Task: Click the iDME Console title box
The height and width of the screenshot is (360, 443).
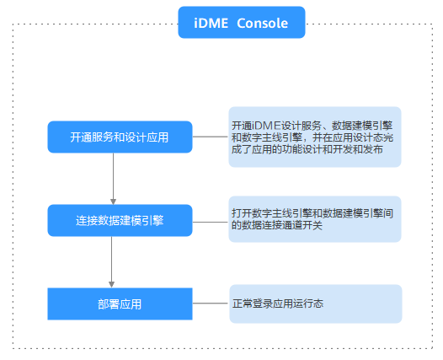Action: (242, 22)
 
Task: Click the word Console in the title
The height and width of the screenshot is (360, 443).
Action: (262, 24)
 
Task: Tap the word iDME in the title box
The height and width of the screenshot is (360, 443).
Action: (211, 24)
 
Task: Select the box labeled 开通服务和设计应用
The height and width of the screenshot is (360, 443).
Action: (120, 137)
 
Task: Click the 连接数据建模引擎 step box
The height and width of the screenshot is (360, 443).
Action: (120, 220)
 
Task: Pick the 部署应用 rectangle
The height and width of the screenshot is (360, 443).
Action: (120, 304)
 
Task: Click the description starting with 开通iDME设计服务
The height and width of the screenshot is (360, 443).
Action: (315, 137)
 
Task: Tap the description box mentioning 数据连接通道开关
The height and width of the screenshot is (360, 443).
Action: (315, 219)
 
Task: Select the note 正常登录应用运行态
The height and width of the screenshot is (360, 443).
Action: (316, 304)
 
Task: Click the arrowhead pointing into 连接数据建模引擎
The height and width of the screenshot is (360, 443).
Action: (113, 201)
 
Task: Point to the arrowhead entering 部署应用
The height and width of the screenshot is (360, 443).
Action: (112, 284)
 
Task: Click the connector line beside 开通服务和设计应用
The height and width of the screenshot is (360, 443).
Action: (211, 137)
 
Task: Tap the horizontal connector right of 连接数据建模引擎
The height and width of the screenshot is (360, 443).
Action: (211, 223)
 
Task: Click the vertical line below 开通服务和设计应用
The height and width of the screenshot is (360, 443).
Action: (113, 176)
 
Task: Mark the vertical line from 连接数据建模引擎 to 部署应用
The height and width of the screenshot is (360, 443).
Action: (112, 259)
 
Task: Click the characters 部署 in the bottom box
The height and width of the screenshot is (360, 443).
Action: (109, 304)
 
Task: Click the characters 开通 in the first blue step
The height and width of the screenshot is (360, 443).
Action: (81, 137)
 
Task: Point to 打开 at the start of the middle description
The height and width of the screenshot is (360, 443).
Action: (242, 213)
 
